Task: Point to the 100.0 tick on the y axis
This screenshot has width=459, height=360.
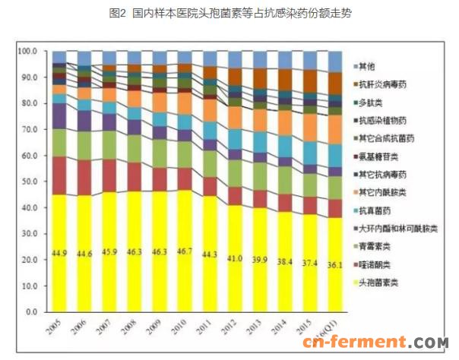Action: pos(28,51)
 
